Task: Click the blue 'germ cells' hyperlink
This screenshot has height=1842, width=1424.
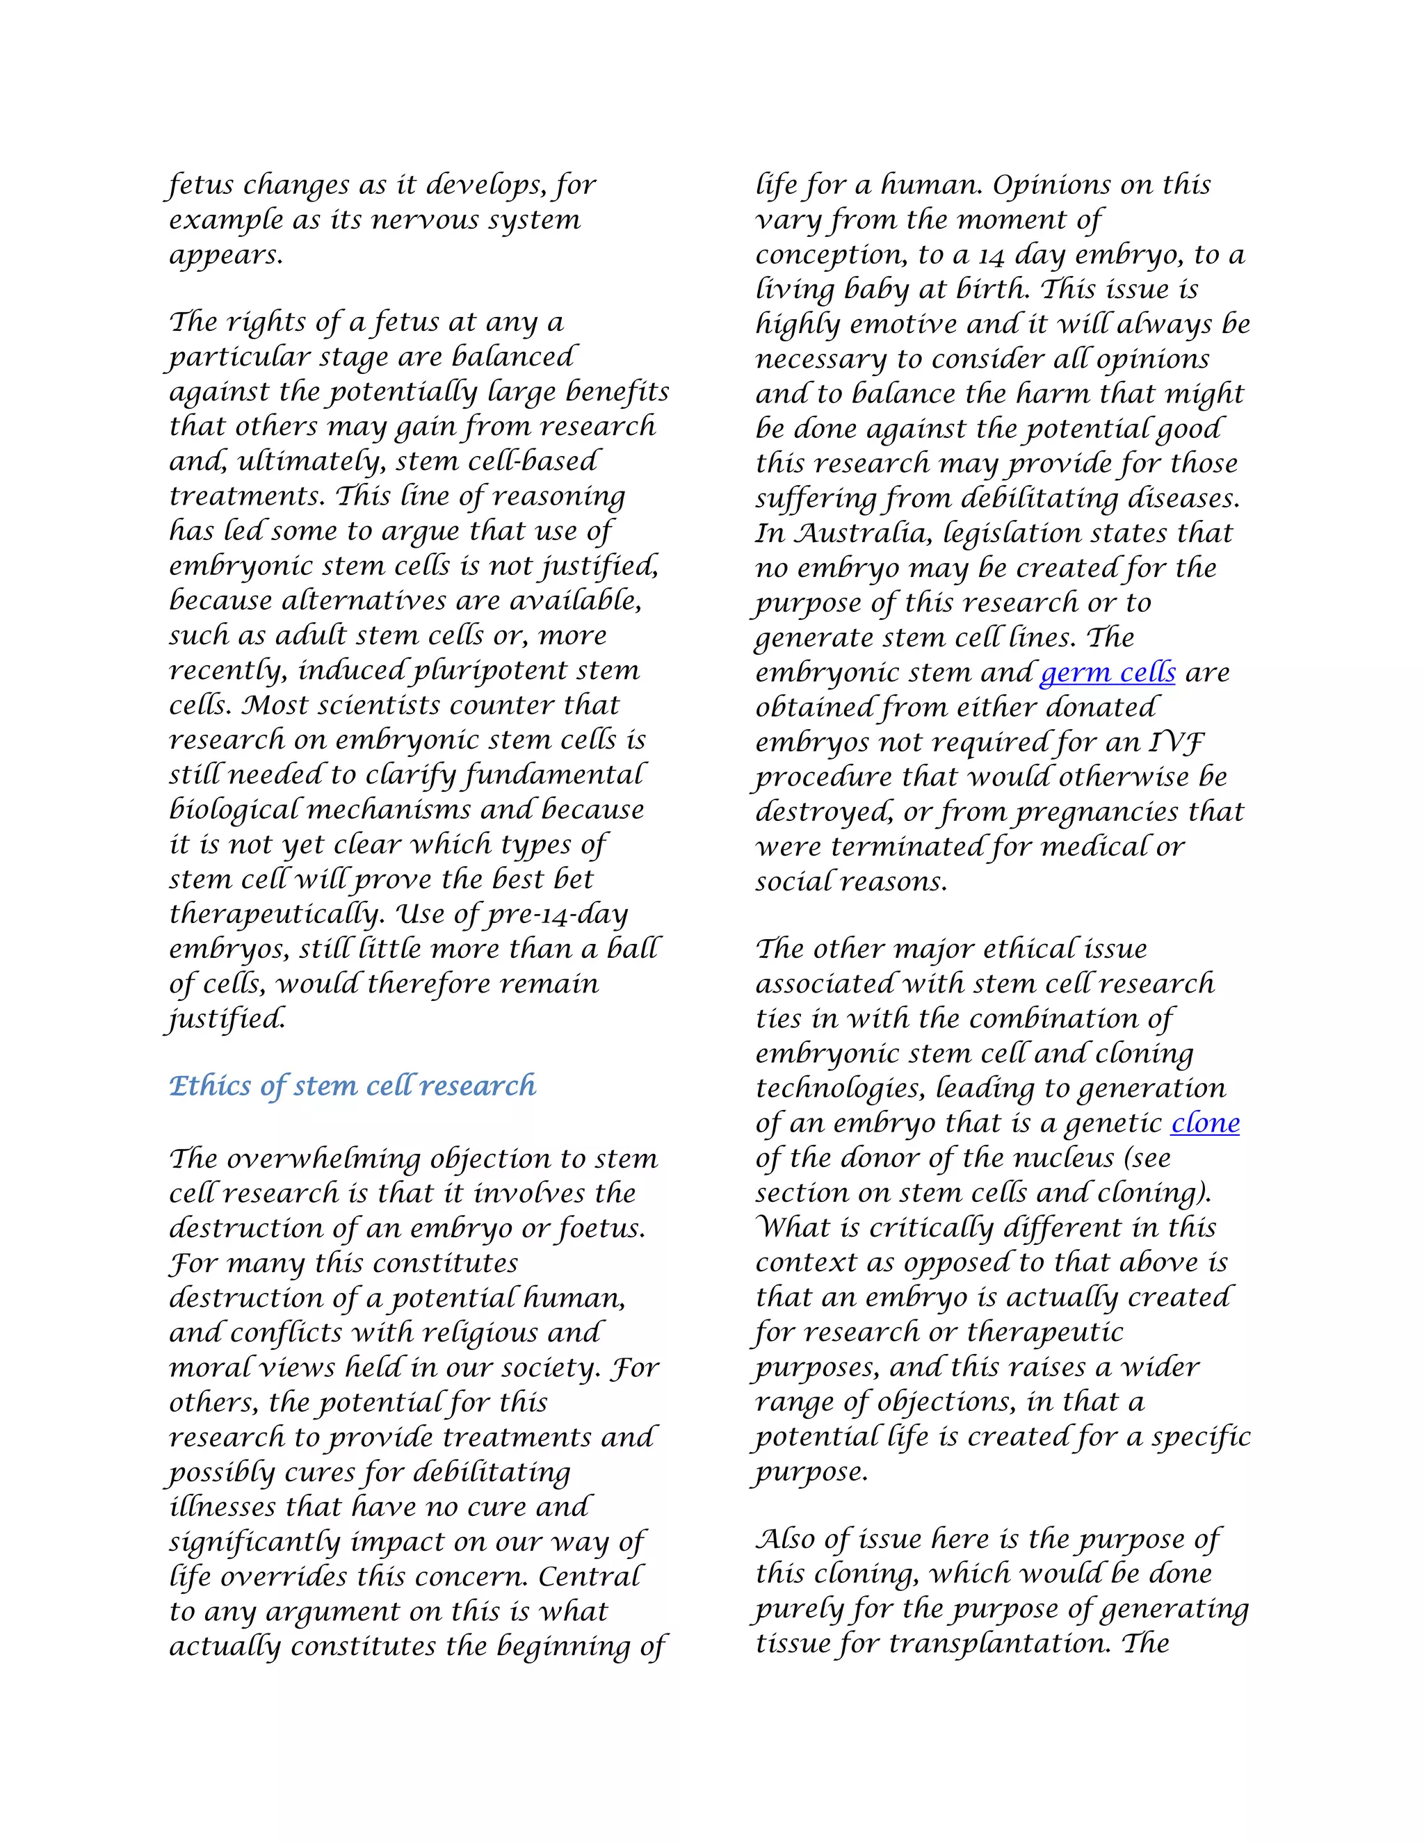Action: [x=1107, y=673]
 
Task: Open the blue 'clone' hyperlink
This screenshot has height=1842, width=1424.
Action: [x=1205, y=1123]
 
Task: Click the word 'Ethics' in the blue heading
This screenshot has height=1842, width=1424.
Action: [x=210, y=1086]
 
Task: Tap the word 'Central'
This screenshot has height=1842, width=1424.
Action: [x=590, y=1577]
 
